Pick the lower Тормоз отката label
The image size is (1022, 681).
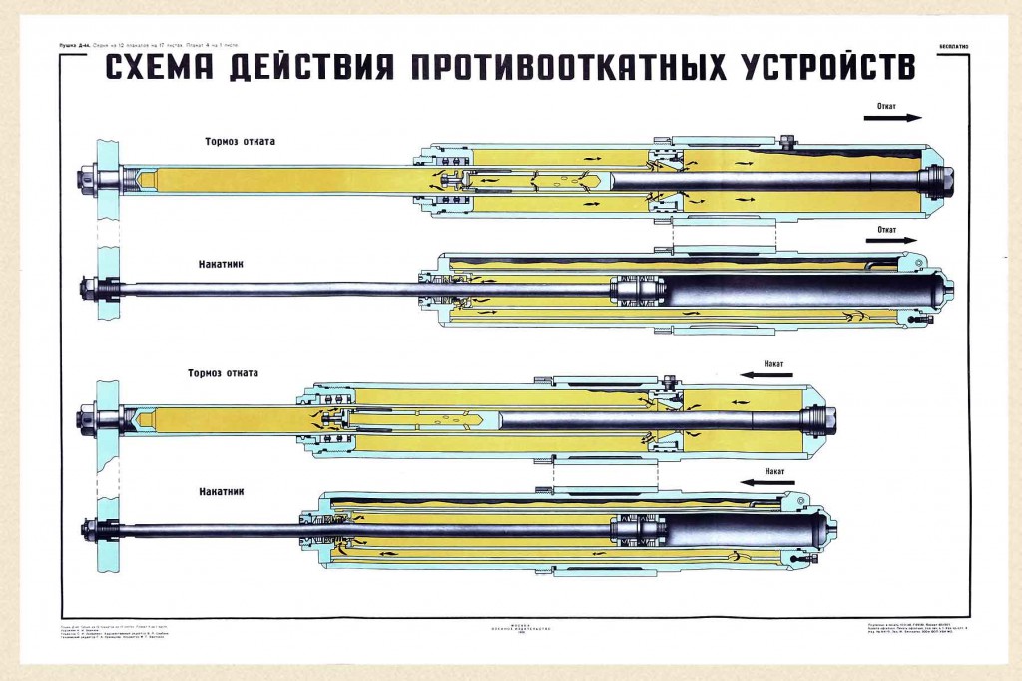click(x=223, y=373)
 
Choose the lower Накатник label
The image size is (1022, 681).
click(x=222, y=491)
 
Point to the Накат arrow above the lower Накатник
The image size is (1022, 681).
click(x=766, y=481)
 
